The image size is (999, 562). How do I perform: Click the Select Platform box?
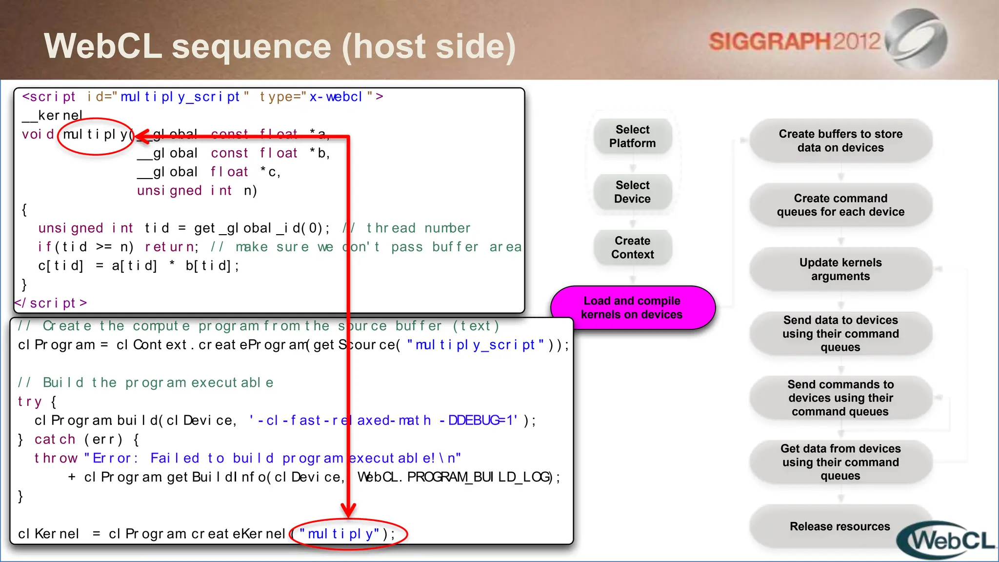633,137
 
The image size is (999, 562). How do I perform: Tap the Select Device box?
633,192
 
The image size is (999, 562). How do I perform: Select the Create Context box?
633,248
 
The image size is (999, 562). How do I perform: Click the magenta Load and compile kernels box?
632,308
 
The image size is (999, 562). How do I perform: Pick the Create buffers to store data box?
840,141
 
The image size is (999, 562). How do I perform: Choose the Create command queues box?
840,205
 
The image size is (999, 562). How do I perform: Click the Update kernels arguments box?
840,269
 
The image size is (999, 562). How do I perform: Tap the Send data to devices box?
840,334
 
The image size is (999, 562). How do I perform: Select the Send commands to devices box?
840,398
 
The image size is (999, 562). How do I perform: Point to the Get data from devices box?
840,462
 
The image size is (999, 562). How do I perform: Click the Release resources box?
839,526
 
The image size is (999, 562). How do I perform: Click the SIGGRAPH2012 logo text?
794,42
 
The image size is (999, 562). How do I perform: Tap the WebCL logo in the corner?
949,541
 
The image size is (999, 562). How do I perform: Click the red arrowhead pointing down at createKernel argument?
348,510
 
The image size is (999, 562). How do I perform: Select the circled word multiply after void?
96,135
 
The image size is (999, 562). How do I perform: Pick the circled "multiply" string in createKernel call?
340,534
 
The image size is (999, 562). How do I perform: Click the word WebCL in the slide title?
103,46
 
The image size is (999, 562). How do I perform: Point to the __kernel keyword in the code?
53,116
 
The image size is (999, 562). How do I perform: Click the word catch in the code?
55,440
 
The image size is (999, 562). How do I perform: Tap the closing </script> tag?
51,303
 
